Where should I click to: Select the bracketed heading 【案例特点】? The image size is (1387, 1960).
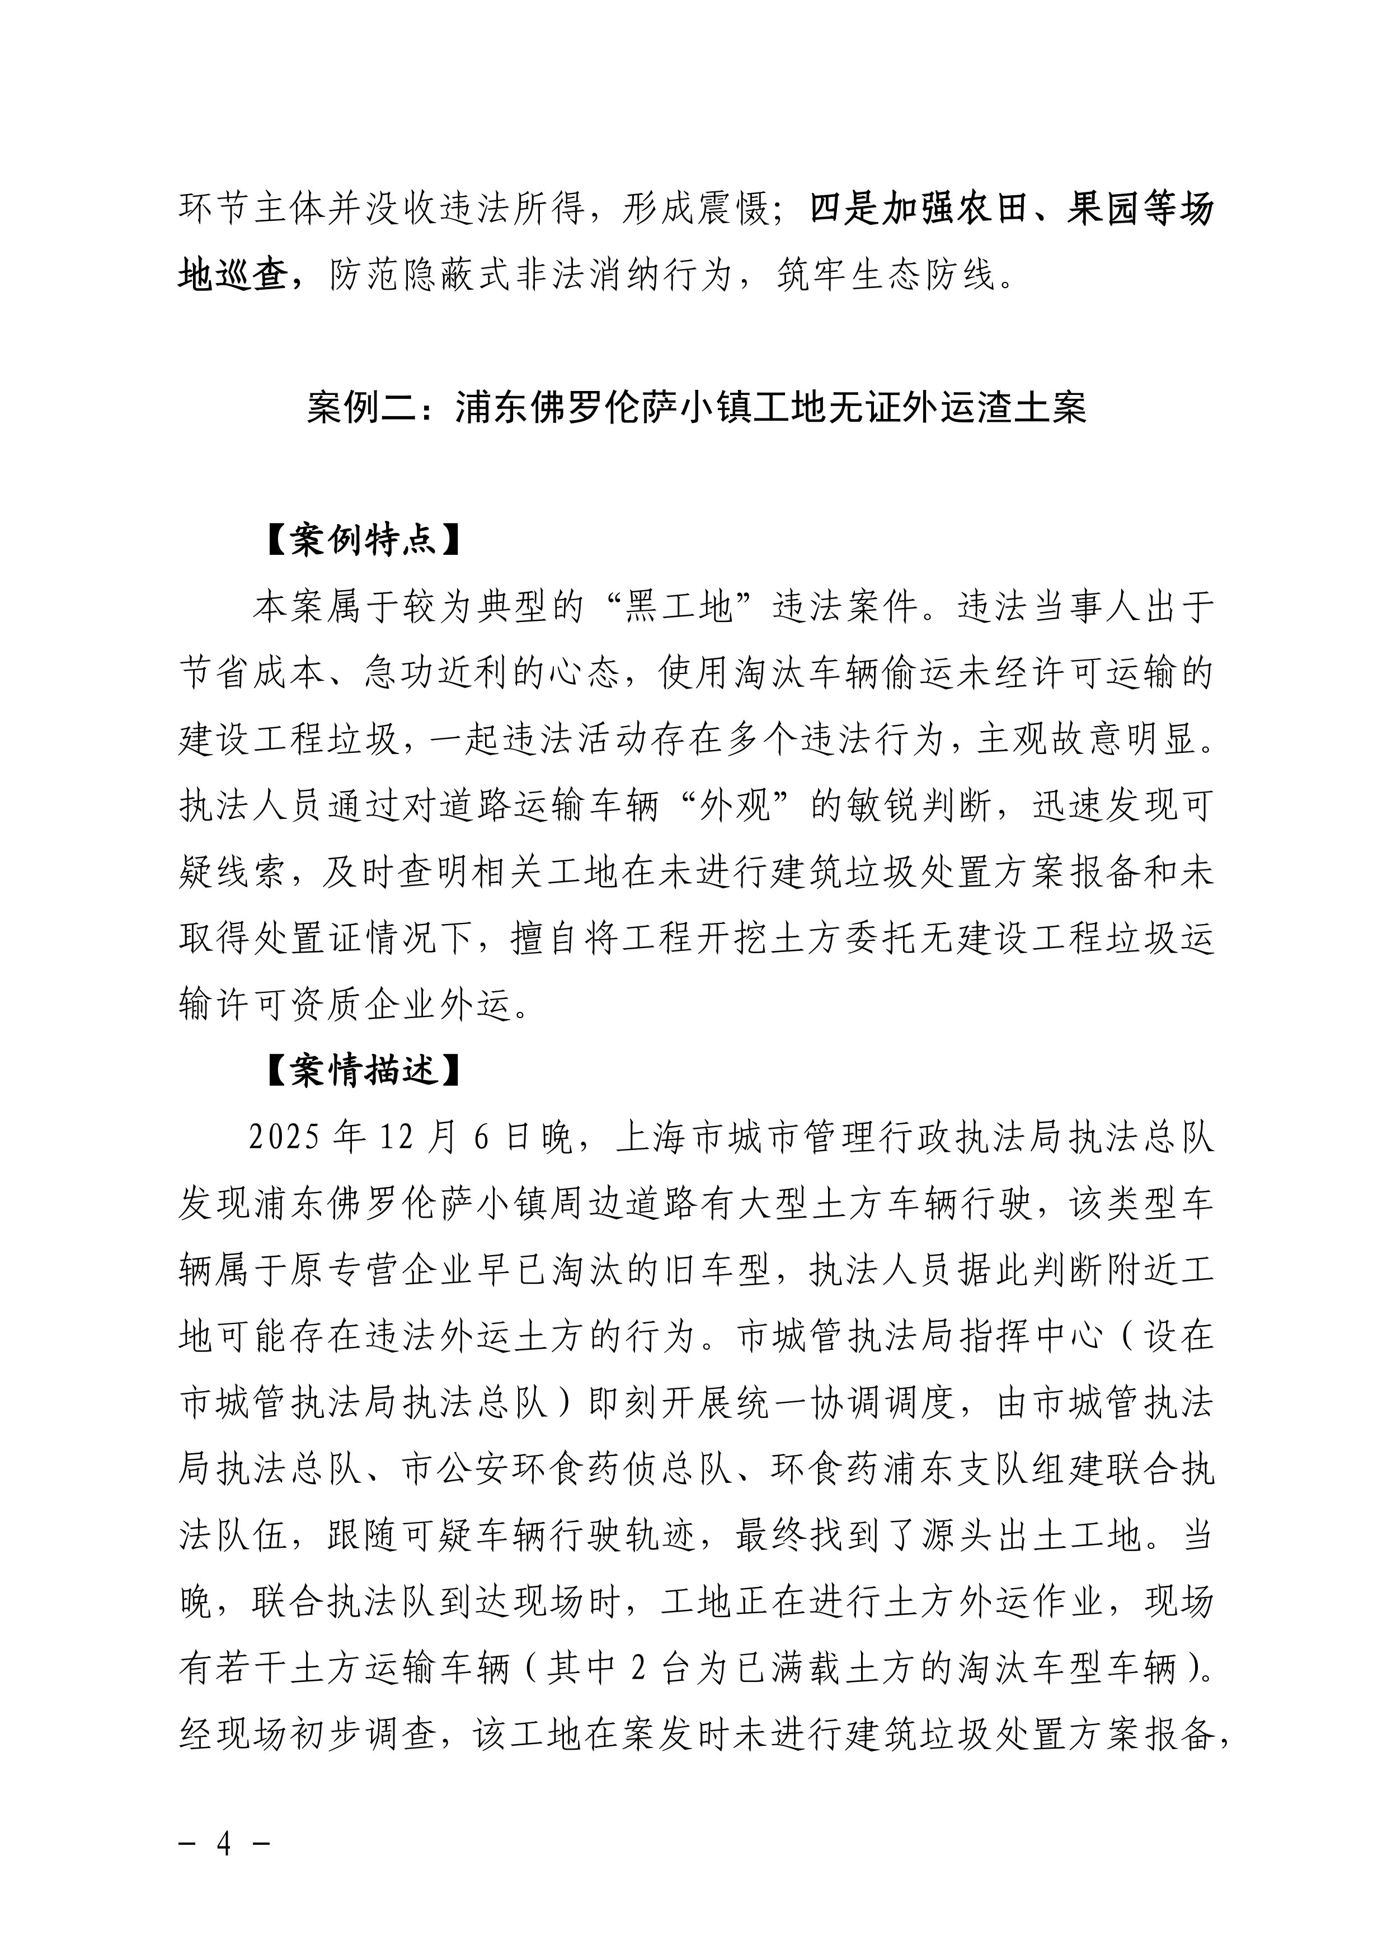tap(363, 540)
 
